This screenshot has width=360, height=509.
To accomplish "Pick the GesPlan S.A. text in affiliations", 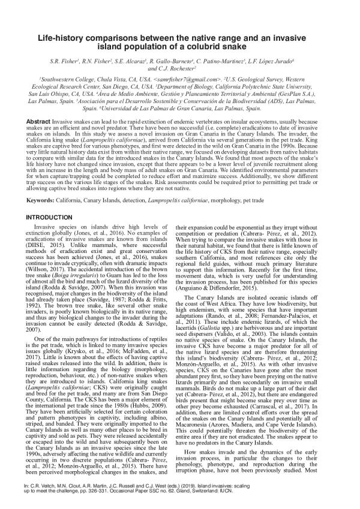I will pos(304,94).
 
